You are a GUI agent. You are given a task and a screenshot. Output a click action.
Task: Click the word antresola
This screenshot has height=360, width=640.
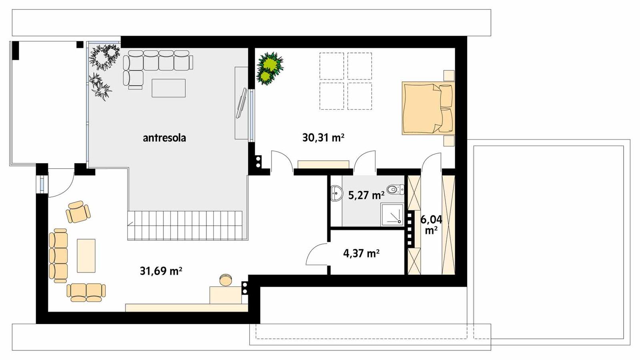(164, 138)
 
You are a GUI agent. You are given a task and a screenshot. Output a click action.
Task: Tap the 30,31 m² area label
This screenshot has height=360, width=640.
(323, 138)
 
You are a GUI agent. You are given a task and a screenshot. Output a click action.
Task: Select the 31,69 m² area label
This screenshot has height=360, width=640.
(161, 271)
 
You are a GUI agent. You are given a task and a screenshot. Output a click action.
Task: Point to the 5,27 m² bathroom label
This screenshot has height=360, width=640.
(366, 195)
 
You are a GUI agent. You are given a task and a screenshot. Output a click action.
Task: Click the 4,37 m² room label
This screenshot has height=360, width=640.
(361, 253)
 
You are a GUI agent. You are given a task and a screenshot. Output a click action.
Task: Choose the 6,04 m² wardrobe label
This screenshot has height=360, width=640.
(431, 224)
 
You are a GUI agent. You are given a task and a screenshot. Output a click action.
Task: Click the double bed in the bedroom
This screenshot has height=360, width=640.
(427, 108)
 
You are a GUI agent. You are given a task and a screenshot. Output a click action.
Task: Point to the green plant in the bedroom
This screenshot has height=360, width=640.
(270, 68)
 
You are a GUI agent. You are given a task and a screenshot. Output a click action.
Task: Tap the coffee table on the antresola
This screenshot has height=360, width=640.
(168, 88)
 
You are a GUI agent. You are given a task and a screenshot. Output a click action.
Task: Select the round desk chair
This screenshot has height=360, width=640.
(226, 280)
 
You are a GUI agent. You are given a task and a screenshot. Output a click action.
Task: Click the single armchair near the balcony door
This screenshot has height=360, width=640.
(78, 212)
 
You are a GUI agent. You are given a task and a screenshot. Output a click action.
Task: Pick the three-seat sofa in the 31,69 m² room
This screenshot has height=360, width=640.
(58, 256)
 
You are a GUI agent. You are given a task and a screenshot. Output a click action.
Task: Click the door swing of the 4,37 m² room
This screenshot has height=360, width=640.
(317, 255)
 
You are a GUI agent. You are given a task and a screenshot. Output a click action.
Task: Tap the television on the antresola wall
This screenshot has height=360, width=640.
(242, 103)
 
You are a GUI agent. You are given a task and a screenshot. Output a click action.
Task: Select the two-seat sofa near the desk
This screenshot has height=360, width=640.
(86, 292)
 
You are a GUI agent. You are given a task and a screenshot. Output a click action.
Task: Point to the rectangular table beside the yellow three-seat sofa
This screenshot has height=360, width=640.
(86, 256)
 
